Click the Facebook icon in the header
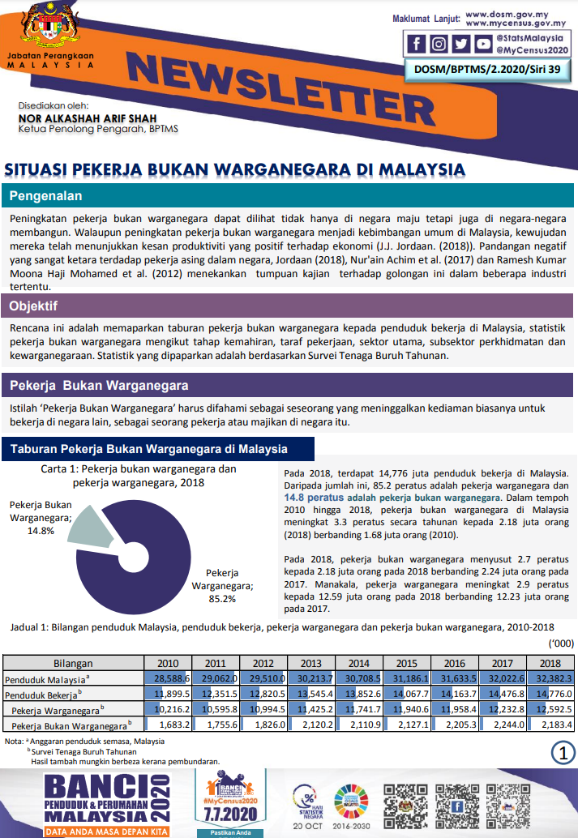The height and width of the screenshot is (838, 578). (x=417, y=44)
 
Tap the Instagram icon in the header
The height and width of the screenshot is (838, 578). (x=439, y=44)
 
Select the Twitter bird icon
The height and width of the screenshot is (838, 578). (x=460, y=44)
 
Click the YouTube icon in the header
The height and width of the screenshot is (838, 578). (x=482, y=44)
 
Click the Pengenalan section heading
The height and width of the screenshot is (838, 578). (x=45, y=195)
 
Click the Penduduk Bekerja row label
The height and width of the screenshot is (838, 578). (x=41, y=695)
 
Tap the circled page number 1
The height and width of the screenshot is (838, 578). (x=563, y=751)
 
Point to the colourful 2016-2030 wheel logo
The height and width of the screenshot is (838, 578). (x=350, y=802)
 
